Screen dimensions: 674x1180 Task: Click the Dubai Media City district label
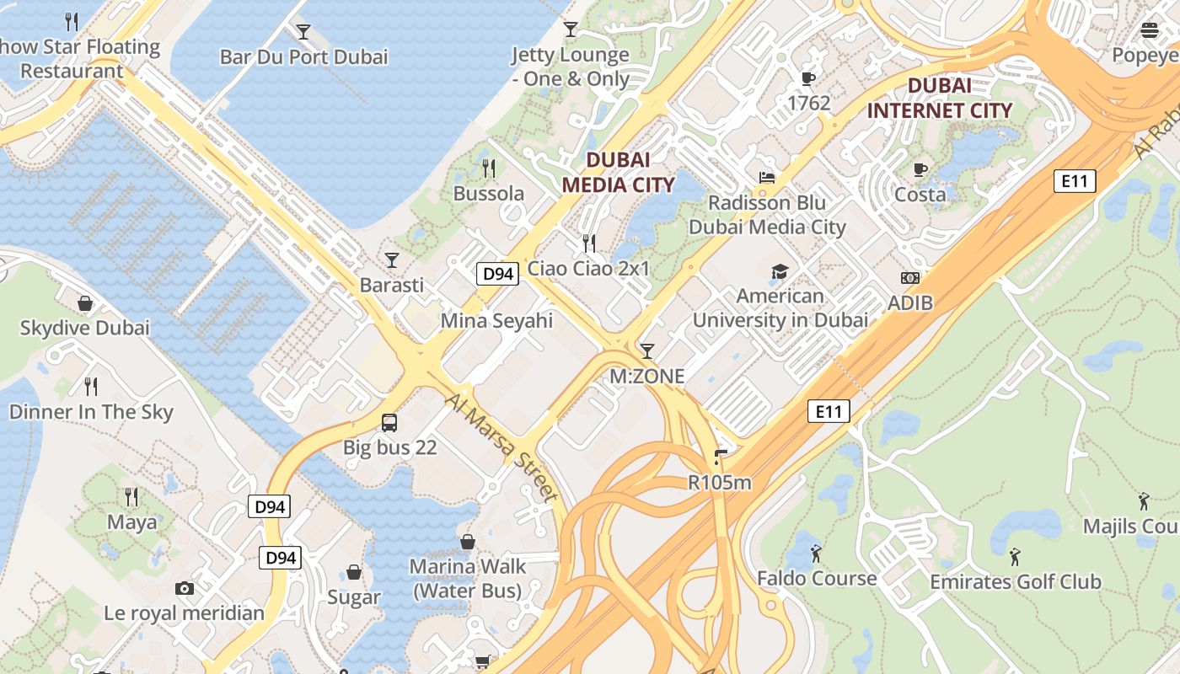pos(618,172)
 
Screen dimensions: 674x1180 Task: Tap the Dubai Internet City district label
pos(939,98)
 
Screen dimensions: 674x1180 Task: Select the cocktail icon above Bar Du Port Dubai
pos(303,32)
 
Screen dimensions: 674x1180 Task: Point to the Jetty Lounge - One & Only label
pos(571,67)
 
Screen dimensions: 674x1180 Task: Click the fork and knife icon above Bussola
pos(489,168)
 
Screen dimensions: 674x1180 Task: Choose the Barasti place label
pos(392,285)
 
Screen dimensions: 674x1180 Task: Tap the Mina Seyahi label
pos(496,320)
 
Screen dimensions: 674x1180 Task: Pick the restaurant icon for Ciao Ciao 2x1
pos(589,243)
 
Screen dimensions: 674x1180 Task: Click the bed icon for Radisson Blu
pos(766,177)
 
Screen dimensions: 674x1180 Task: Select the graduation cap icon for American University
pos(780,271)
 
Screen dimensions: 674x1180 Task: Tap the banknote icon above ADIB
pos(910,277)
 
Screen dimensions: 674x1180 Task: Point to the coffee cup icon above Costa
pos(920,169)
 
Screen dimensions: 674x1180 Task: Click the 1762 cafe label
pos(808,103)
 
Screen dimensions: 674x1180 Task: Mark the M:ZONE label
pos(647,376)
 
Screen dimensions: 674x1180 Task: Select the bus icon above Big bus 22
pos(389,422)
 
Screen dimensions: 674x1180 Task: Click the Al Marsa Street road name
pos(502,447)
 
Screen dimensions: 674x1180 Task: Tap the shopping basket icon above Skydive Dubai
pos(85,302)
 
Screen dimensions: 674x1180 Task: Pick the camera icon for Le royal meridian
pos(185,588)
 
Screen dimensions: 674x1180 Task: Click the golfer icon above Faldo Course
pos(816,554)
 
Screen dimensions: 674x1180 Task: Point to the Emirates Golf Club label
pos(1015,581)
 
